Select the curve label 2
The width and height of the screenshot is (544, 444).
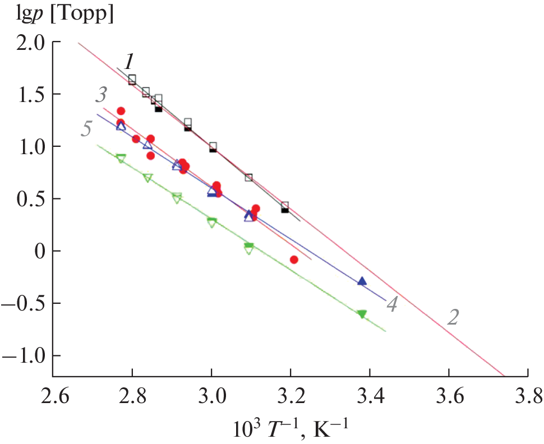pos(454,317)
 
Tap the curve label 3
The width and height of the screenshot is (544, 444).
pos(101,95)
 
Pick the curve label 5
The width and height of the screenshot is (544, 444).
pos(87,129)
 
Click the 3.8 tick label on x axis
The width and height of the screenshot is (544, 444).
pos(527,399)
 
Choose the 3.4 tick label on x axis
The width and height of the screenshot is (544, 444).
pos(369,399)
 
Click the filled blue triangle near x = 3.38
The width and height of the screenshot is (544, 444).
pos(362,281)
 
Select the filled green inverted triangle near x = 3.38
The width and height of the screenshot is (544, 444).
pos(362,314)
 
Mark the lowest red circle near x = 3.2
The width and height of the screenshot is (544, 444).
pos(294,259)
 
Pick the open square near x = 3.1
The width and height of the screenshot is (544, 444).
pos(248,178)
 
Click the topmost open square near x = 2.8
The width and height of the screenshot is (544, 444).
pos(132,79)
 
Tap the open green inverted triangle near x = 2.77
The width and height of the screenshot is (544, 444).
pos(121,159)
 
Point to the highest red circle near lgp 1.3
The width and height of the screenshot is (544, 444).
pos(121,111)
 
